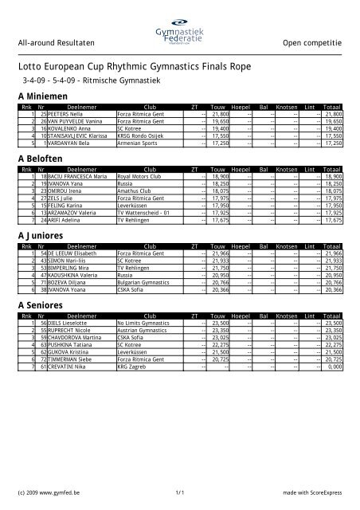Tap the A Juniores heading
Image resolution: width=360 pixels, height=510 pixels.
click(42, 236)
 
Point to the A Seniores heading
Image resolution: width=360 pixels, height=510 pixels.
click(42, 305)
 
